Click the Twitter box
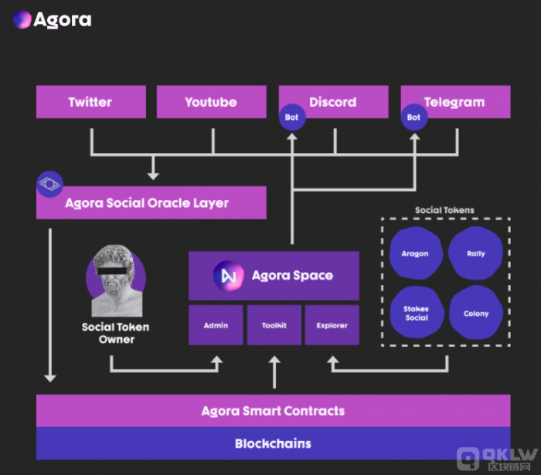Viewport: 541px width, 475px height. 91,102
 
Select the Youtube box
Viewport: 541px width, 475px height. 212,102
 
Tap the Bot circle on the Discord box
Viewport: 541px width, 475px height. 292,117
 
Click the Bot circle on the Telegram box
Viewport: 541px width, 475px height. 414,117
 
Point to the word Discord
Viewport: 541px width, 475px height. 333,102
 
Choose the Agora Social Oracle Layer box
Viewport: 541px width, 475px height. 151,202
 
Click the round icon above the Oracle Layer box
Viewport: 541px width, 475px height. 50,184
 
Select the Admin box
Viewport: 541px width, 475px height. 216,325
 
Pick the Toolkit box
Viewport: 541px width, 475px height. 274,325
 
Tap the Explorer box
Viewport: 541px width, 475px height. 332,325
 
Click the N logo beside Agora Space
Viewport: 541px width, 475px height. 229,276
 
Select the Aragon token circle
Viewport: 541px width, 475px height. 416,253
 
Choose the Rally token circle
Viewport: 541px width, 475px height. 475,253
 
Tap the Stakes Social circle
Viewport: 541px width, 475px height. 417,312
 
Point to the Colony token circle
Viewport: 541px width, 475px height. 476,312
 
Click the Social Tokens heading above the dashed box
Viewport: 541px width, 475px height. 444,210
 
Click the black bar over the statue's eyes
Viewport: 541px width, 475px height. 112,271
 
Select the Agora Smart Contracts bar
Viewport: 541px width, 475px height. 274,411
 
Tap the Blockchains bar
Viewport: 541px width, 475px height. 274,443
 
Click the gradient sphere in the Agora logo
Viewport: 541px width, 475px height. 22,19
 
